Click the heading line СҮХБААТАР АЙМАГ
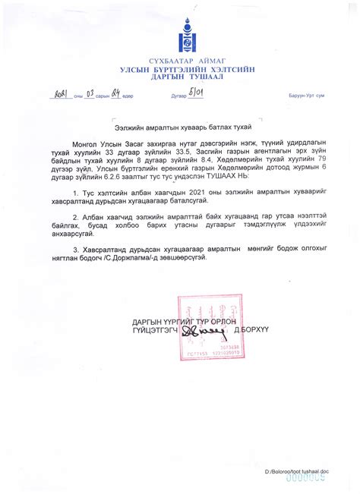coord(180,61)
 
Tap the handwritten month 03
coord(88,95)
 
